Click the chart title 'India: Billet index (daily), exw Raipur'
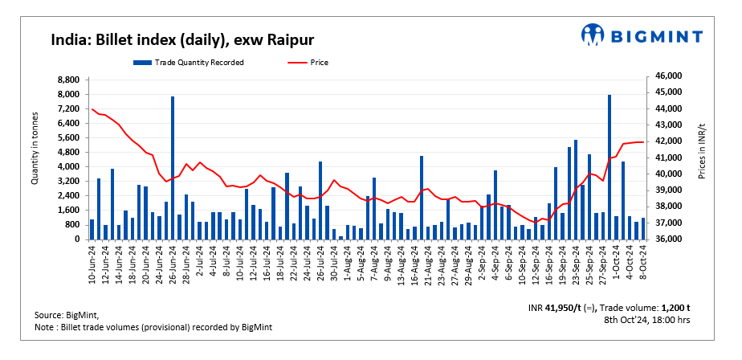(x=182, y=39)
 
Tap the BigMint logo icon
(x=593, y=35)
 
